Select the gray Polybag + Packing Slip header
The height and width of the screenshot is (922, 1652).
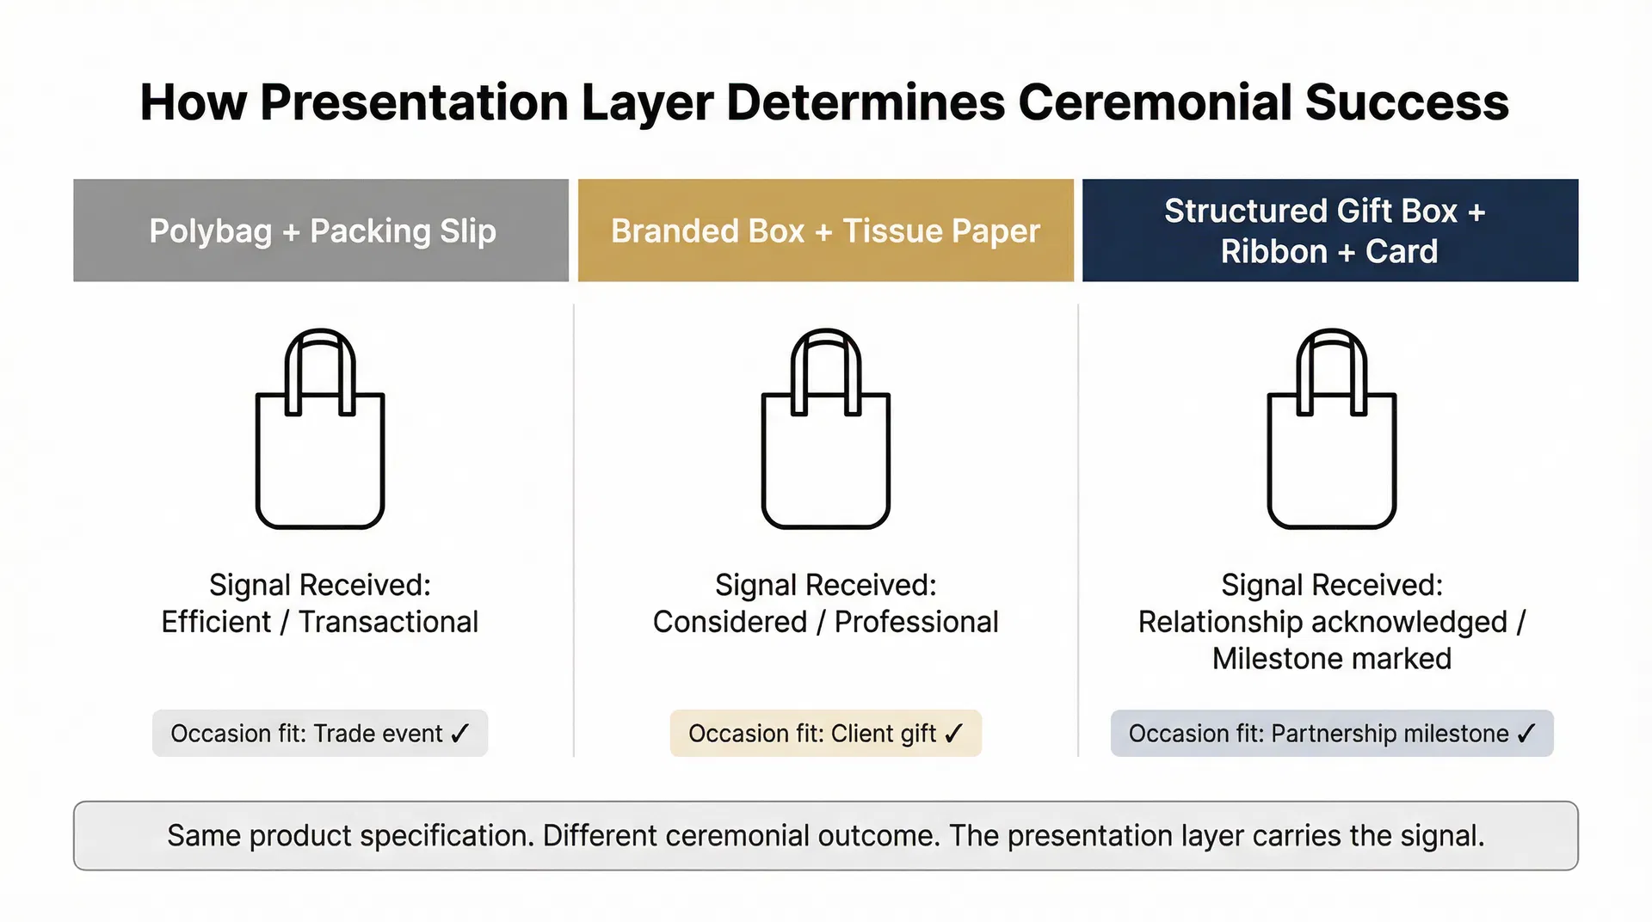[x=321, y=230]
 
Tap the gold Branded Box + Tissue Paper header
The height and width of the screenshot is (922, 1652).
[x=825, y=230]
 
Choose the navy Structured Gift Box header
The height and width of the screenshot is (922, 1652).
[x=1329, y=230]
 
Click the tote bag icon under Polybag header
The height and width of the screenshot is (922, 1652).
[x=320, y=430]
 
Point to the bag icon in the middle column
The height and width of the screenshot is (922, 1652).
[x=825, y=430]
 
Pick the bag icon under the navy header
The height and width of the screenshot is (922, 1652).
[x=1331, y=430]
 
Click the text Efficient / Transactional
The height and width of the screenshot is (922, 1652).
[x=319, y=622]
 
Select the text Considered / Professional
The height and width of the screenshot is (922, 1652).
[x=825, y=622]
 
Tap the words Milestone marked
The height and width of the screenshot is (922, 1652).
[x=1331, y=659]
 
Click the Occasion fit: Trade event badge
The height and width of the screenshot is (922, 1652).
[x=320, y=734]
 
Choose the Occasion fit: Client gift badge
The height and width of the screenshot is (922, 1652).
[x=825, y=734]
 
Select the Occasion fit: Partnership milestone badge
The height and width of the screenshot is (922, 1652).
[x=1331, y=734]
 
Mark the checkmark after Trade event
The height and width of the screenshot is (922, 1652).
[x=460, y=733]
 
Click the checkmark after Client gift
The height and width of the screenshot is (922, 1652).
[x=953, y=733]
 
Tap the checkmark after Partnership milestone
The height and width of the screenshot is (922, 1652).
[x=1526, y=733]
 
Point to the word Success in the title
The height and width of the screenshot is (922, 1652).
[x=1407, y=102]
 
